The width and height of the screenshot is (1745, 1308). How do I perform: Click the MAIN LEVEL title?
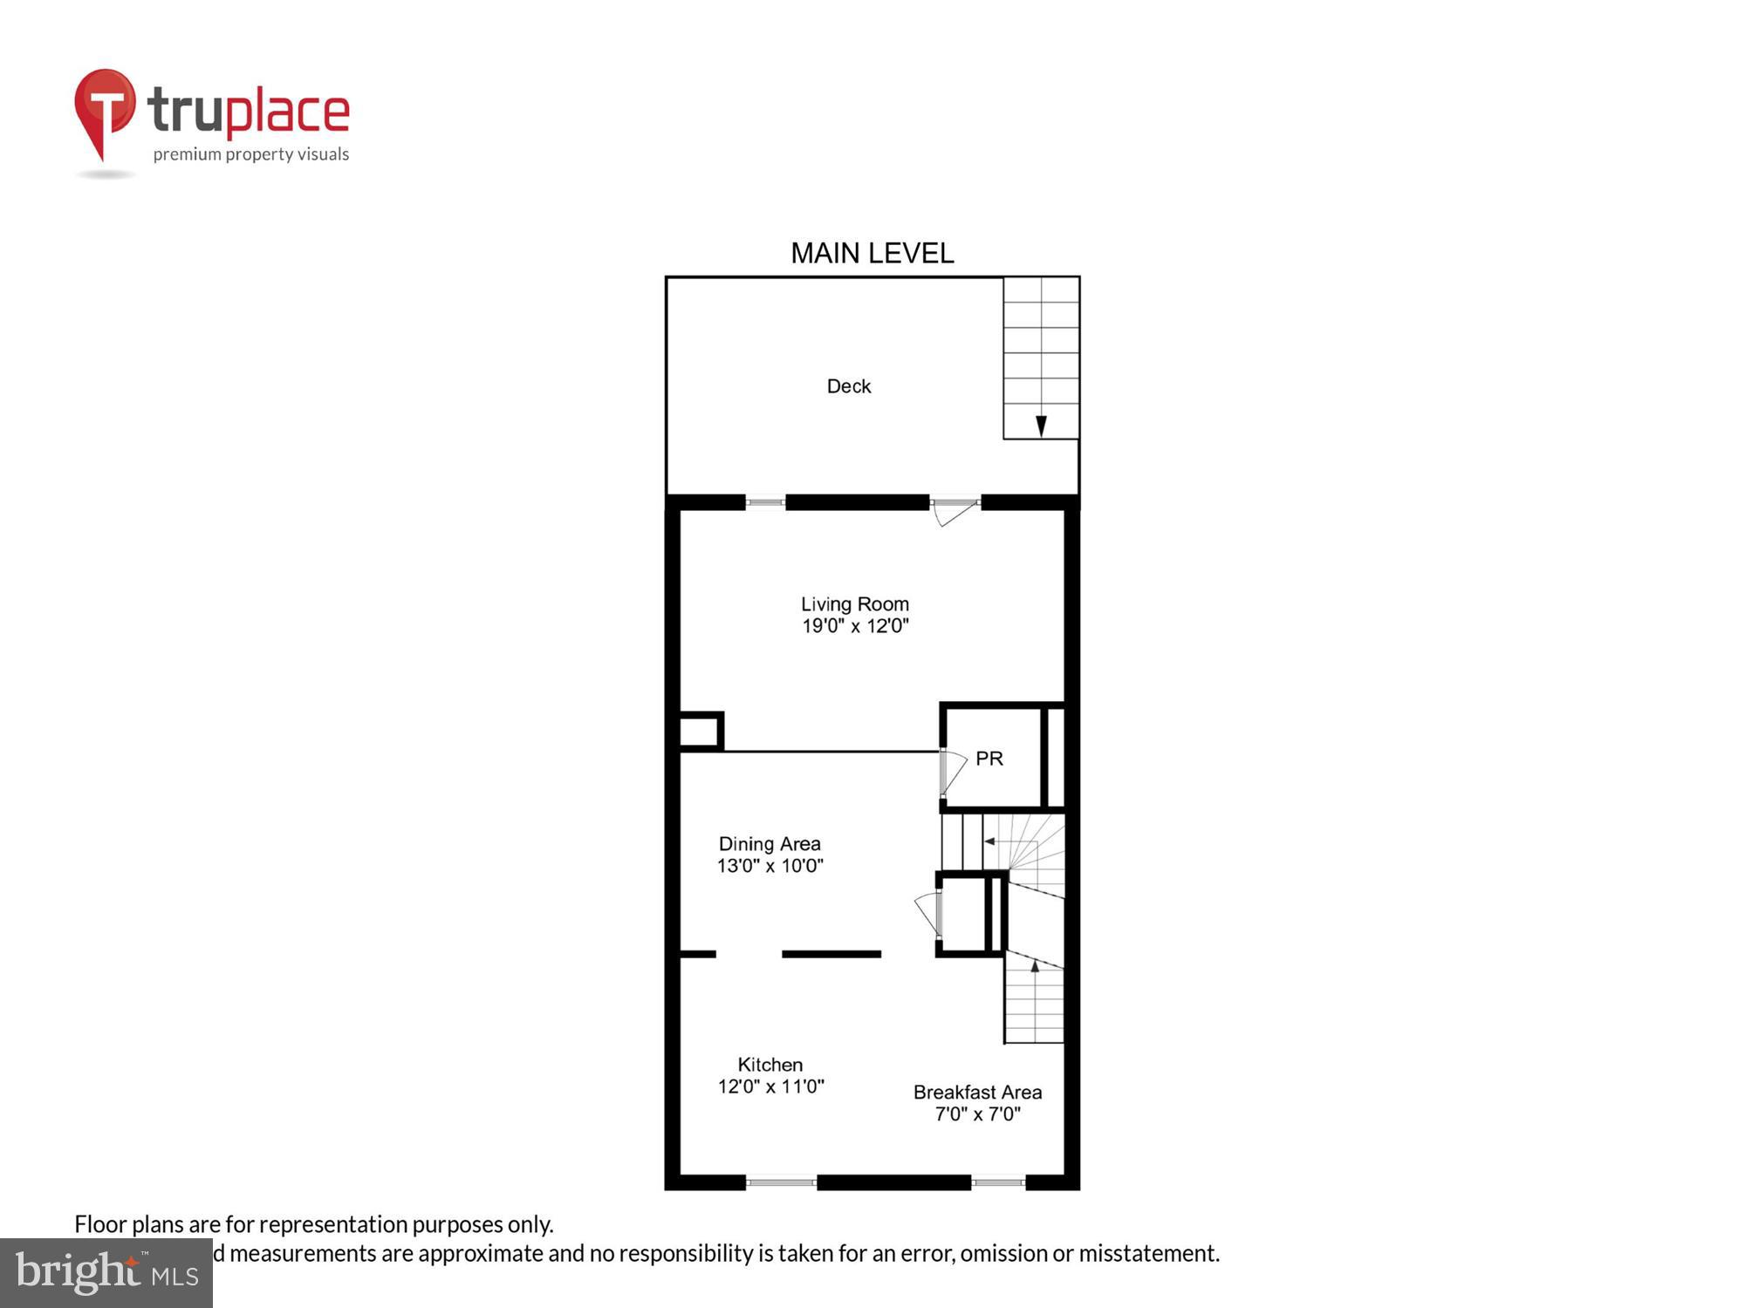(x=872, y=253)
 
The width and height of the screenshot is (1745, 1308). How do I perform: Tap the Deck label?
(x=848, y=386)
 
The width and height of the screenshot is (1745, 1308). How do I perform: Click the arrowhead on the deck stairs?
(x=1041, y=426)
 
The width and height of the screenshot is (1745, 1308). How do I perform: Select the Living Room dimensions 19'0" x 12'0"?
(x=855, y=626)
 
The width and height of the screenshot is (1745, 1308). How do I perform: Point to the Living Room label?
(x=855, y=604)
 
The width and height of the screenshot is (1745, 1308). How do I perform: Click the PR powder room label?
(x=989, y=759)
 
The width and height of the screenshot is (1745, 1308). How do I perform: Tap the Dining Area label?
(x=770, y=844)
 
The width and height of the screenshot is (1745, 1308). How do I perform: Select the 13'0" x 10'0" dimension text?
(x=770, y=866)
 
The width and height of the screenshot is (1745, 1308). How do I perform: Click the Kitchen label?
(x=770, y=1065)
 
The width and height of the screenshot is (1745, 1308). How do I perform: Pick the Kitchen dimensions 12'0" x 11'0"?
(x=770, y=1087)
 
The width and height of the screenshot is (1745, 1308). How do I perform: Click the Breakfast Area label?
(x=977, y=1093)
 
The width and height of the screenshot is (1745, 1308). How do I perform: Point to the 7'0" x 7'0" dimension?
(x=977, y=1114)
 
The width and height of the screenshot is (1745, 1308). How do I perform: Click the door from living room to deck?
(x=954, y=511)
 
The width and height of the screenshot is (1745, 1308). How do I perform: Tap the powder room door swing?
(x=953, y=772)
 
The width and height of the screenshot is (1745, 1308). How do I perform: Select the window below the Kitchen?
(x=781, y=1183)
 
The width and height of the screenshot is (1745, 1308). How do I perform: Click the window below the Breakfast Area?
(x=998, y=1183)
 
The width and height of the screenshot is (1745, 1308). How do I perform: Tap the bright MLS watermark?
(x=106, y=1273)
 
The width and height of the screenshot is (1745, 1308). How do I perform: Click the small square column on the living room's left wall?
(x=700, y=732)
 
